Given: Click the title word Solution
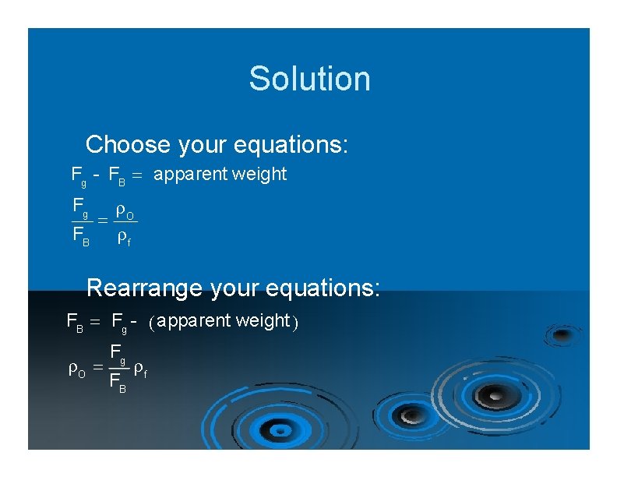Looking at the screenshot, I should click(x=309, y=79).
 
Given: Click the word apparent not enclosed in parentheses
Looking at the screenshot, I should click(x=185, y=175).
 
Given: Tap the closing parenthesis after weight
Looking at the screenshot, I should click(x=294, y=321).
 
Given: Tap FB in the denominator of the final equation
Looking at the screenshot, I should click(x=118, y=384).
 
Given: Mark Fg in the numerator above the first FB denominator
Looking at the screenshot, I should click(x=79, y=208).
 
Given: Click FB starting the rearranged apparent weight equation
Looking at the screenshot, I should click(x=76, y=321).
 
